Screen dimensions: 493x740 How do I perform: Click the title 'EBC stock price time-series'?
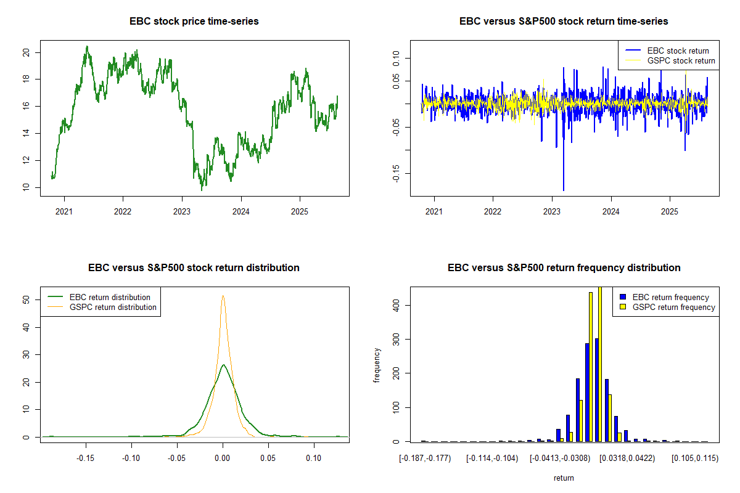point(194,21)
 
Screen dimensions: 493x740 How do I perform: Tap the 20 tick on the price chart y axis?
point(25,52)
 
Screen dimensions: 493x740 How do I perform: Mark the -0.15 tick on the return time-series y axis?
point(395,173)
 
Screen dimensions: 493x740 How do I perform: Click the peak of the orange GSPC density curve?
point(223,295)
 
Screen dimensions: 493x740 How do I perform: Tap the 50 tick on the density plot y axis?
point(25,299)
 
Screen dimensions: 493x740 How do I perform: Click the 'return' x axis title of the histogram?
point(564,478)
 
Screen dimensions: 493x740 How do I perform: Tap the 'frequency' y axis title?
point(377,365)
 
